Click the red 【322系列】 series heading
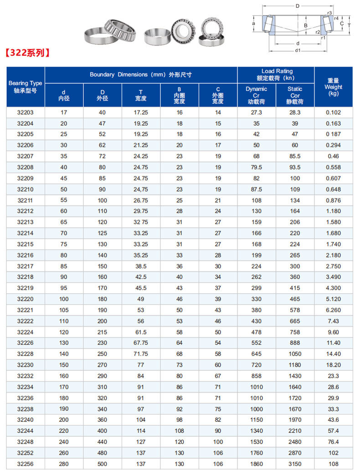coord(27,53)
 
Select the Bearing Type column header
coord(25,87)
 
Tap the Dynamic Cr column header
coord(257,95)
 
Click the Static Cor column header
coord(295,95)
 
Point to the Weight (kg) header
coord(333,87)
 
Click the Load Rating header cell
coord(276,75)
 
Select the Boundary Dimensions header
coord(141,75)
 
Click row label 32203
coord(25,113)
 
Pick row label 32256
coord(25,464)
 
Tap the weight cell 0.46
coord(333,156)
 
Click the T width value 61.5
coord(141,332)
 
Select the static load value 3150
coord(295,464)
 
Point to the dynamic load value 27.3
coord(257,113)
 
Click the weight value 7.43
coord(333,321)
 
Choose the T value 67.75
coord(141,343)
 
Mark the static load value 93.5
coord(295,167)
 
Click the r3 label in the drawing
coord(329,13)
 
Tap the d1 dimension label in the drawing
coord(298,51)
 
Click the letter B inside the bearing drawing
coord(306,26)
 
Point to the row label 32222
coord(25,321)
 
